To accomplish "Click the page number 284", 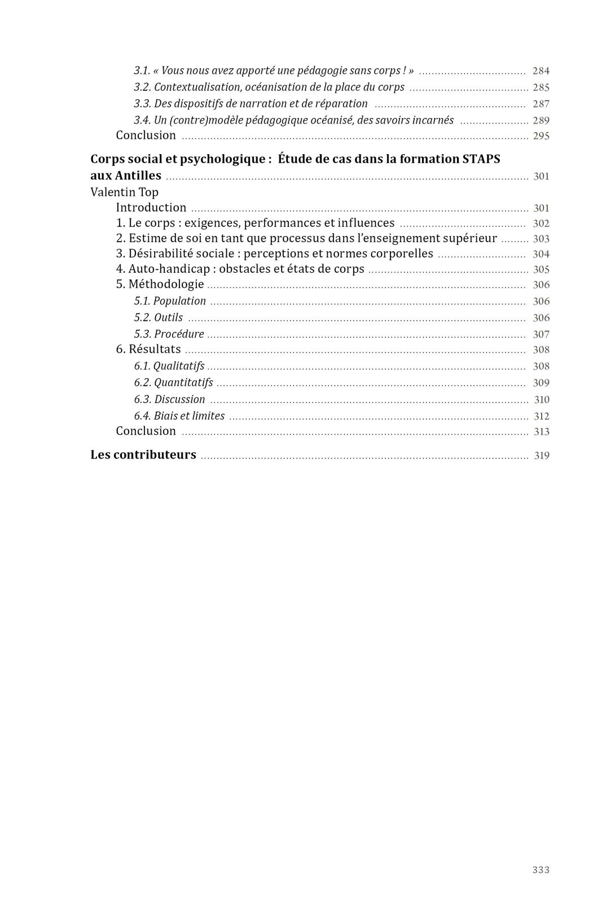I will (x=541, y=71).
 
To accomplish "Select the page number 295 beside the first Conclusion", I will (x=541, y=136).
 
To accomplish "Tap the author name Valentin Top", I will (x=124, y=192).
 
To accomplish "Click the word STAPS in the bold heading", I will (x=481, y=159).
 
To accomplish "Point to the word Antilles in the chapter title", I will (x=138, y=176).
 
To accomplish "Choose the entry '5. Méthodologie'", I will (x=160, y=284).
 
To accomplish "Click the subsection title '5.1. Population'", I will (x=170, y=301).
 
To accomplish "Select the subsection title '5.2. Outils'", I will (x=158, y=317).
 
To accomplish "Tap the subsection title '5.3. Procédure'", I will (x=169, y=334).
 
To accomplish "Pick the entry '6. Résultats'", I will (x=148, y=349).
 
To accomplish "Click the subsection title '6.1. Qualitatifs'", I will (x=169, y=366).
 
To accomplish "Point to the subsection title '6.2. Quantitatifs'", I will (x=173, y=382).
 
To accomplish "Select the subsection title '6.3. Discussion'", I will (x=169, y=399).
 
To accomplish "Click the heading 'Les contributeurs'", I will (x=143, y=454).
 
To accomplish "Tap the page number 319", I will (x=541, y=456).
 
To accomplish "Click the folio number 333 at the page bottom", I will (x=541, y=869).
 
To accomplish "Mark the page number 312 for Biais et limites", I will (x=541, y=417).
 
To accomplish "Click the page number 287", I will (x=541, y=104).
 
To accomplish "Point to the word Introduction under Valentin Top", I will (x=151, y=207).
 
